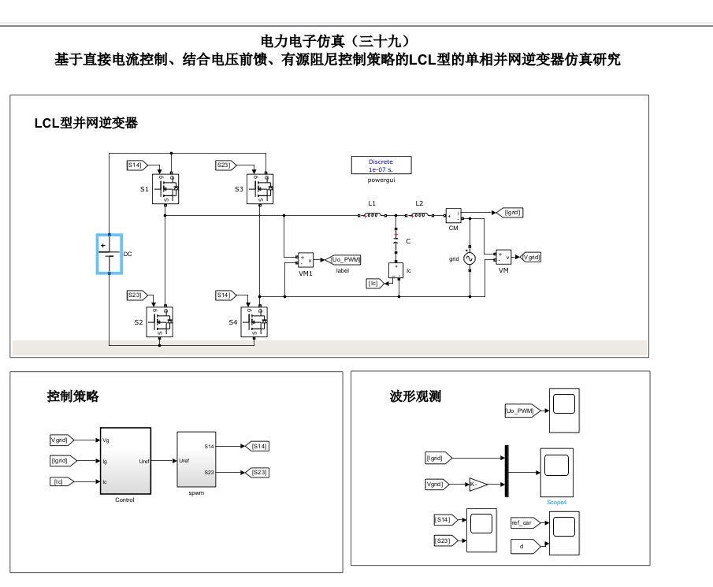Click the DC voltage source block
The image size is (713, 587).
click(x=110, y=254)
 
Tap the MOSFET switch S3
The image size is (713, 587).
click(x=261, y=188)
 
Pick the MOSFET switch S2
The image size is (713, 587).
click(x=160, y=321)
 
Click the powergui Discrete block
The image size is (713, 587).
click(x=381, y=165)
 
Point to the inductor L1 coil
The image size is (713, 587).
click(x=373, y=215)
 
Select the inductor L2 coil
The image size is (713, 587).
click(x=419, y=215)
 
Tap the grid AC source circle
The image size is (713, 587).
click(x=469, y=258)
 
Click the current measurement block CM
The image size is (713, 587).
click(x=453, y=215)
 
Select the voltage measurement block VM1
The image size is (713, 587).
click(x=305, y=260)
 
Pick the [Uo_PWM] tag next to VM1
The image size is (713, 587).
click(x=344, y=259)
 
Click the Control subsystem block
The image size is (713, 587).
click(x=125, y=461)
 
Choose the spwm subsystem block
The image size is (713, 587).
click(x=195, y=460)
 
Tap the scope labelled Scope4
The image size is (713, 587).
click(x=557, y=470)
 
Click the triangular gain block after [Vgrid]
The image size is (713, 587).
click(x=477, y=484)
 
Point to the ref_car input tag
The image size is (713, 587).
click(x=525, y=522)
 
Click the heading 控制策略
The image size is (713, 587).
click(x=73, y=397)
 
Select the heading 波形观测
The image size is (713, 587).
click(x=415, y=396)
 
